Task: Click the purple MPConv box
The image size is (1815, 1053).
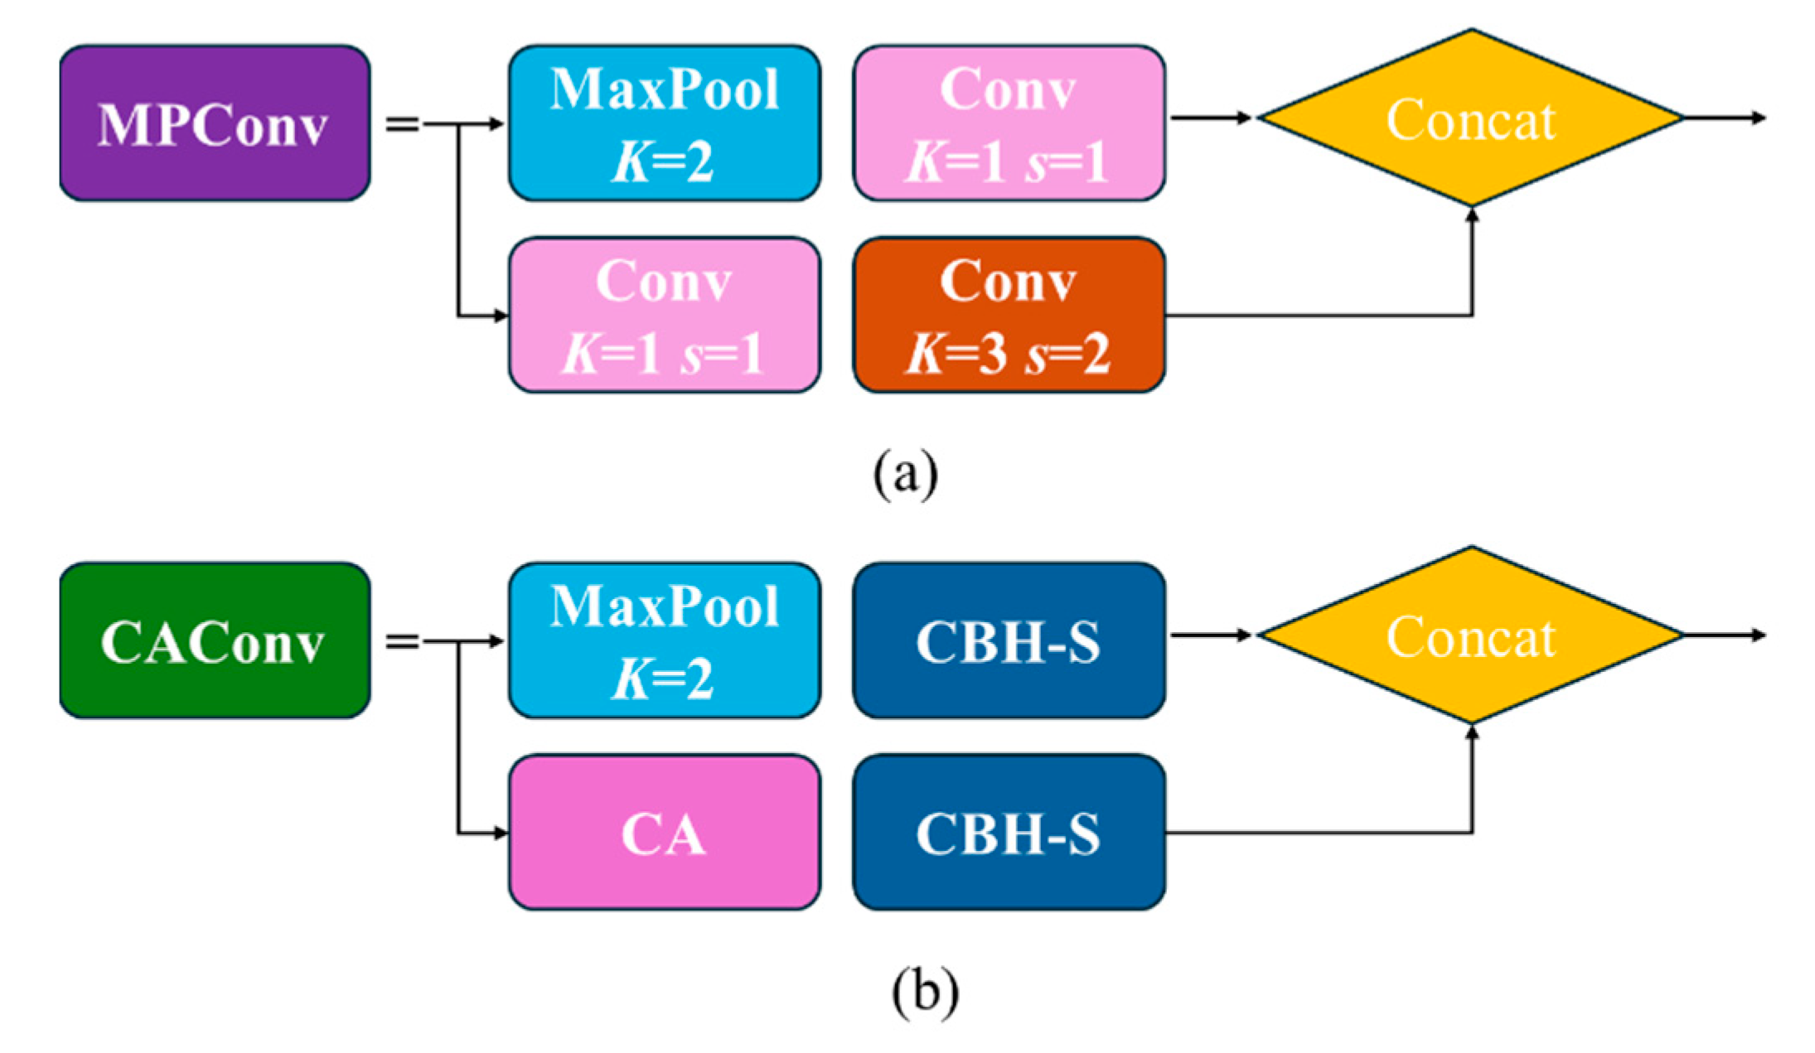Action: [x=215, y=123]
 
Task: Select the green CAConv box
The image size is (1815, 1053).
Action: [x=215, y=640]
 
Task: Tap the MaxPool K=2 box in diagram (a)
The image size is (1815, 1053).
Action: [x=664, y=123]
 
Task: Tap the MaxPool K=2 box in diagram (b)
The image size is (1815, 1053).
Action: [x=664, y=640]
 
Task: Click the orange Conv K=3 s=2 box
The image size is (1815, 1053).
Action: [x=1009, y=315]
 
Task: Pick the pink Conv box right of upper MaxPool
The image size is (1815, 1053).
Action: [x=1009, y=123]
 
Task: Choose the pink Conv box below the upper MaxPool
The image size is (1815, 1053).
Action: [x=664, y=315]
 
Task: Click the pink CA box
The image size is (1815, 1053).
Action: [x=664, y=832]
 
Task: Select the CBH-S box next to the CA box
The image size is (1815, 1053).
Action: [x=1009, y=832]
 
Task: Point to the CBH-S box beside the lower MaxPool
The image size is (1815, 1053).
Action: [x=1009, y=640]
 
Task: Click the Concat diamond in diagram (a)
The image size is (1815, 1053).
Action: [x=1471, y=118]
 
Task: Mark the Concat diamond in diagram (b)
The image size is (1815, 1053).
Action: [x=1471, y=635]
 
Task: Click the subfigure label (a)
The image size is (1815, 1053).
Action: [x=905, y=474]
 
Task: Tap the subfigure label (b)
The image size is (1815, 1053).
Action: [x=925, y=991]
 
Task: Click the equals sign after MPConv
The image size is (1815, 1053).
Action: [x=402, y=124]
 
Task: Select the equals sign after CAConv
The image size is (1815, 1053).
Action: [x=402, y=641]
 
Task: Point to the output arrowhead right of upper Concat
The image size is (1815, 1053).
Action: [x=1759, y=118]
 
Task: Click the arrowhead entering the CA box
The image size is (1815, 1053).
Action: [x=500, y=833]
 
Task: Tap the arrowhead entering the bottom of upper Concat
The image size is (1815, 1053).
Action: [x=1472, y=215]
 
